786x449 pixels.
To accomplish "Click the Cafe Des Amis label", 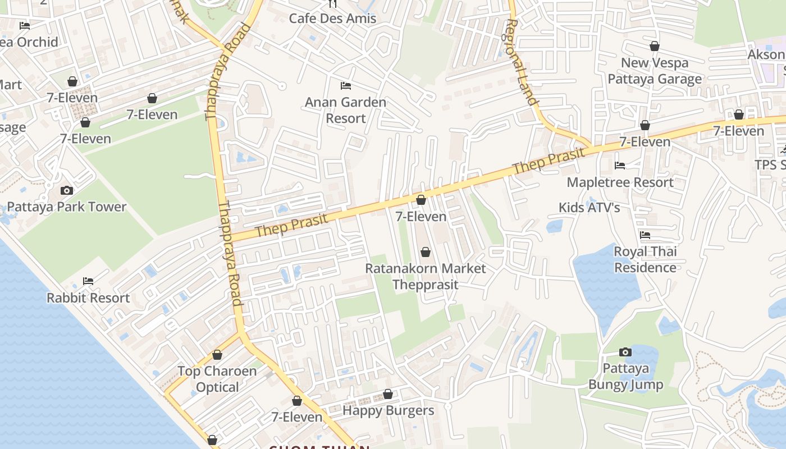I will pos(332,19).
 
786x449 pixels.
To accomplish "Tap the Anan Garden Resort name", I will pos(345,110).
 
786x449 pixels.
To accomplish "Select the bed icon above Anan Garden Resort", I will pos(346,86).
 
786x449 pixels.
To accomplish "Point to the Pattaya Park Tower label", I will pos(67,207).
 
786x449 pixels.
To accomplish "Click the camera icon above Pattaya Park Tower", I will pos(67,191).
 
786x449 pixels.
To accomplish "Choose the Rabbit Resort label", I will pos(88,297).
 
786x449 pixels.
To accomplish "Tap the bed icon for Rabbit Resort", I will pos(88,281).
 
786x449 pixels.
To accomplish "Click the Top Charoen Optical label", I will pos(217,379).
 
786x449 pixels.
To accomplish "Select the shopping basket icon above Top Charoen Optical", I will pos(217,355).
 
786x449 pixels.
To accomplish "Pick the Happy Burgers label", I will pos(388,410).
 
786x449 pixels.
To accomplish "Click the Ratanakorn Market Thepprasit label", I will pos(426,276).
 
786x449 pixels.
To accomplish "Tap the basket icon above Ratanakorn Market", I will pos(426,253).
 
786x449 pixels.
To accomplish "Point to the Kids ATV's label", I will pos(589,208).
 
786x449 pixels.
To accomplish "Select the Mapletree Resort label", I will pos(620,182).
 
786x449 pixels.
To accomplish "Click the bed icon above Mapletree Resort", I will pos(620,166).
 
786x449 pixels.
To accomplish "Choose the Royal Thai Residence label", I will pos(645,259).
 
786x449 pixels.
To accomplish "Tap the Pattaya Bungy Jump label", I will pos(625,377).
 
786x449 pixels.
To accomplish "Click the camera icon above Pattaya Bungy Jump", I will pos(625,352).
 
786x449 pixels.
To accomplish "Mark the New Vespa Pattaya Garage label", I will pos(655,71).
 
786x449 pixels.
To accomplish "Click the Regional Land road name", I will pos(522,62).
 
